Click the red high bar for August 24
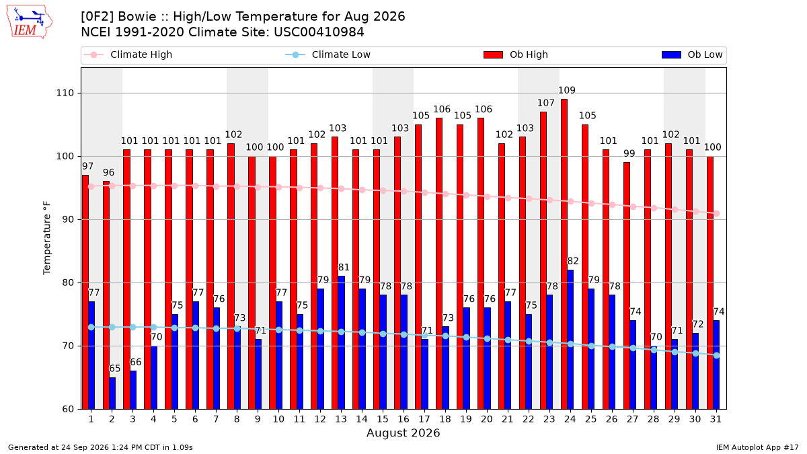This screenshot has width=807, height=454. [564, 254]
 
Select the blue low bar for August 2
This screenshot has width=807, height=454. [112, 393]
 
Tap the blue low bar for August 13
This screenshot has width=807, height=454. [341, 342]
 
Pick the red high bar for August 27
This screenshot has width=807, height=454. [627, 285]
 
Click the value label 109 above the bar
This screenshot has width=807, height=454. [567, 90]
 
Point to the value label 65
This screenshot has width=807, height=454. [115, 369]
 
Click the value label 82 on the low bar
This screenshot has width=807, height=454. [573, 261]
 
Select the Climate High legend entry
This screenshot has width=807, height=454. [128, 54]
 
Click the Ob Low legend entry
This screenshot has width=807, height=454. [692, 54]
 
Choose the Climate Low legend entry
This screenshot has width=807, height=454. [328, 54]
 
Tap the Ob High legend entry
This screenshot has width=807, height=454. [516, 54]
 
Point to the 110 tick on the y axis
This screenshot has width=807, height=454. [65, 93]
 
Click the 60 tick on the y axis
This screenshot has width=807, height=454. [68, 409]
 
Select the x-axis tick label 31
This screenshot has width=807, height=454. [716, 419]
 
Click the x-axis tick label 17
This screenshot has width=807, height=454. [424, 419]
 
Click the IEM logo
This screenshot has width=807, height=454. [30, 22]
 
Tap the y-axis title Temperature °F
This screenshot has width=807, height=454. [47, 238]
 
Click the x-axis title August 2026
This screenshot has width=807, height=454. [403, 432]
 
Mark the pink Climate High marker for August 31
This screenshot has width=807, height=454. [717, 213]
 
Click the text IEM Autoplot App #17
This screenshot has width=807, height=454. [757, 447]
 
